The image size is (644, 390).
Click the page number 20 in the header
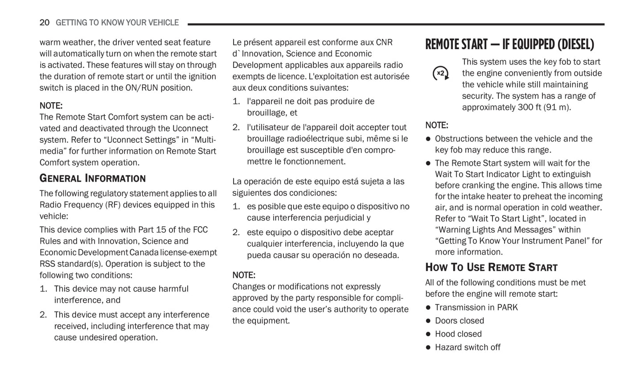[44, 22]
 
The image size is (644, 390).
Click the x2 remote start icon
[441, 73]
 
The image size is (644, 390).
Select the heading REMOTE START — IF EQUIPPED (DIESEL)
[509, 44]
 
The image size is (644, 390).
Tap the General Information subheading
[93, 178]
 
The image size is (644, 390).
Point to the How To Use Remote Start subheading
[491, 267]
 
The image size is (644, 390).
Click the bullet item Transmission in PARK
[476, 307]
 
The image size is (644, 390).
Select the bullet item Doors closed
[459, 320]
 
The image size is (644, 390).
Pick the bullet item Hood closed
[458, 334]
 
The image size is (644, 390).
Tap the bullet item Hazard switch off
[468, 347]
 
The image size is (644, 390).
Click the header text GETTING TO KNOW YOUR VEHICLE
[117, 22]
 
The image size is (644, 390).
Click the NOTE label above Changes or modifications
[244, 275]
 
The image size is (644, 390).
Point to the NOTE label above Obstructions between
[437, 125]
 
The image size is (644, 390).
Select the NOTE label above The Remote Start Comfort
[51, 106]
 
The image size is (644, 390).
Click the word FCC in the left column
[200, 229]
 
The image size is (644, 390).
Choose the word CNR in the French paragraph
[384, 42]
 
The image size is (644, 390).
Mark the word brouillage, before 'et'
[267, 112]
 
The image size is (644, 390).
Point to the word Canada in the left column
[144, 253]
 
